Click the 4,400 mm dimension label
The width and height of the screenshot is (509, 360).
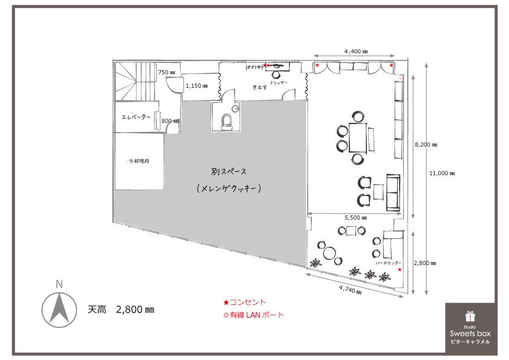[x=356, y=51]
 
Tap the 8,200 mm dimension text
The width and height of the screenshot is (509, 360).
[x=426, y=145]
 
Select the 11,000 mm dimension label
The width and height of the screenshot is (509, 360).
[x=442, y=174]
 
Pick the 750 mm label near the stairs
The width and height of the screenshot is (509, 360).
[x=166, y=73]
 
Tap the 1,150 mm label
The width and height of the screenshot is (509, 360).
[x=197, y=86]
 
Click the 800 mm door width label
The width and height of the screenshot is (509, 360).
[x=169, y=121]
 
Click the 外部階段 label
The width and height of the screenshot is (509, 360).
[x=138, y=162]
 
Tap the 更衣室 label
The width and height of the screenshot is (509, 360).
[x=261, y=88]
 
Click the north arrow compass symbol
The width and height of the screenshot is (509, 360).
[x=59, y=308]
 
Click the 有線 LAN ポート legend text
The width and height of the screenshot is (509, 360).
[x=256, y=315]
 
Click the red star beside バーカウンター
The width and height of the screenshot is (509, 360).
[x=400, y=270]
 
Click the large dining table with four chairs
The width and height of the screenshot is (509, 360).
[x=357, y=137]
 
